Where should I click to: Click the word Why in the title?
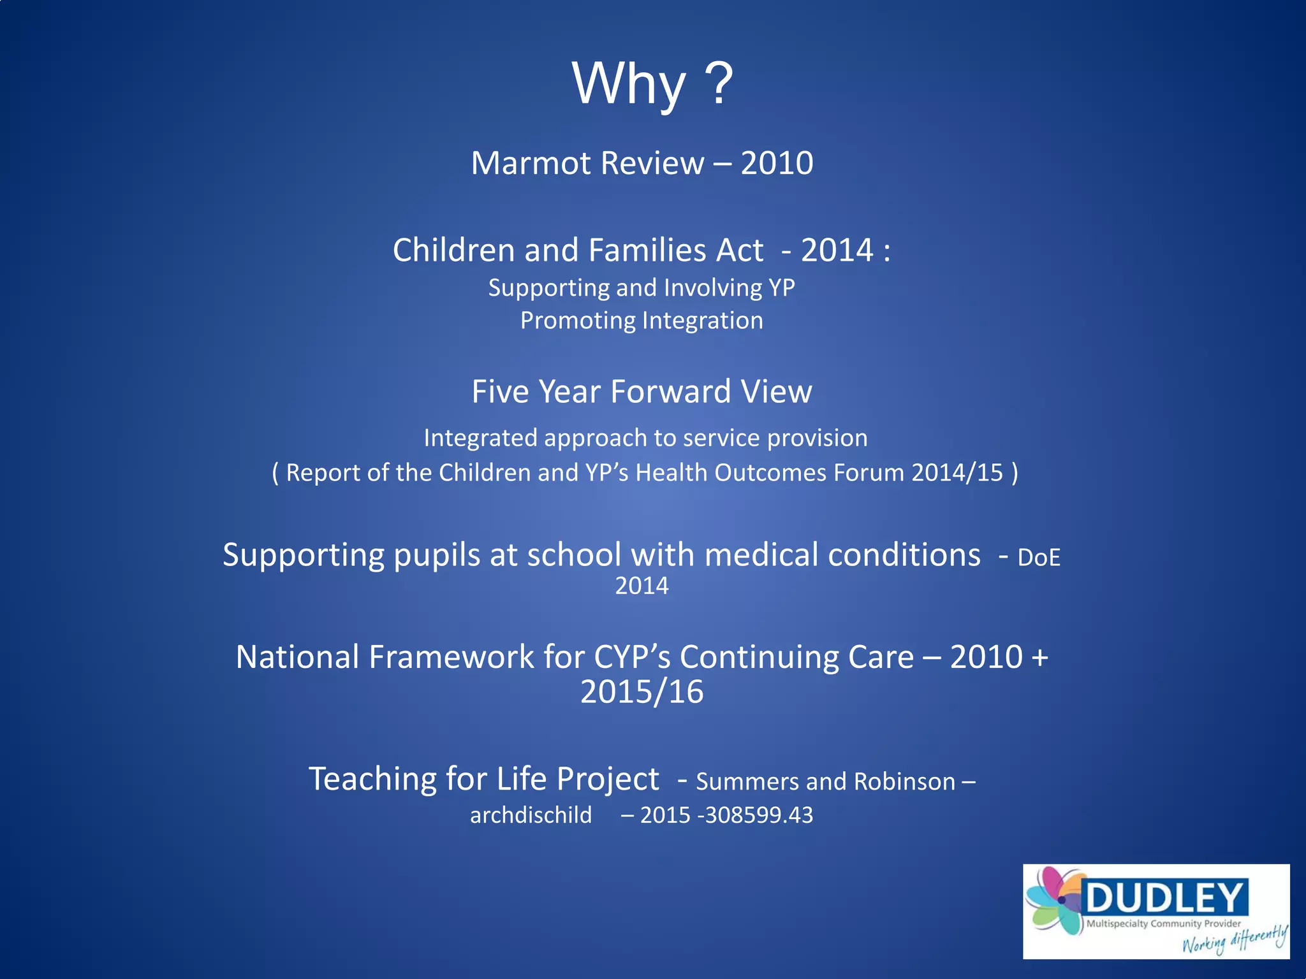point(629,85)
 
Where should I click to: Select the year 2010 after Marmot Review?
point(777,163)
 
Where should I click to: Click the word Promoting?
point(576,321)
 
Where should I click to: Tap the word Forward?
point(670,391)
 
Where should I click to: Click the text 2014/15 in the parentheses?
point(957,473)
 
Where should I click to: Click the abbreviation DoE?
point(1038,558)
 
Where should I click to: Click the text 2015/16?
point(642,692)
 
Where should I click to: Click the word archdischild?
point(531,815)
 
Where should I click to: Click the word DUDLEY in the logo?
point(1164,898)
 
